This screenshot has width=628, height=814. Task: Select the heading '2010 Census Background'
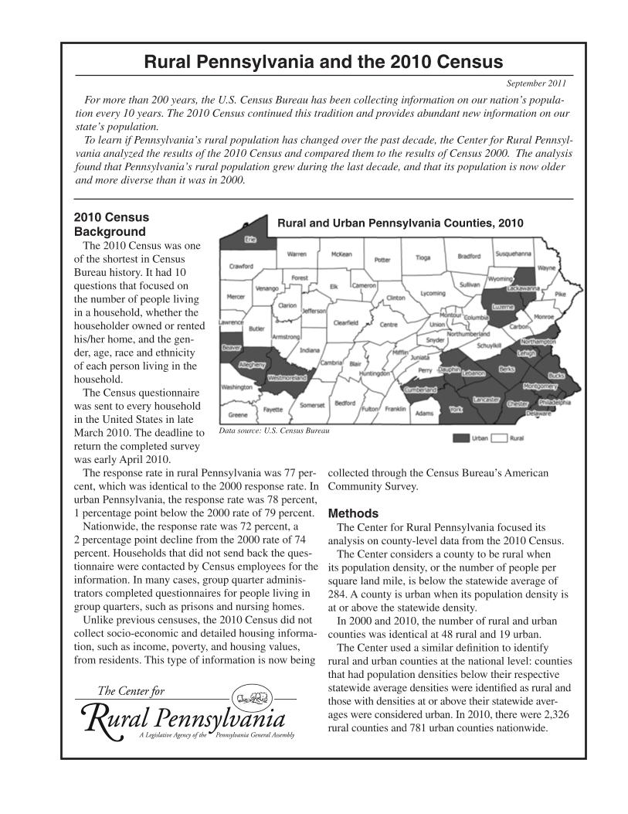coord(110,224)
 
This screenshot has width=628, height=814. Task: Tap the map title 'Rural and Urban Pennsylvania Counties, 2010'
coord(400,223)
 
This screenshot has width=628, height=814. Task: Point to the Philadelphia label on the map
coord(555,402)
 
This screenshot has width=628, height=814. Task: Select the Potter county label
coord(382,260)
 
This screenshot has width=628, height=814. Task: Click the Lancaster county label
coord(487,398)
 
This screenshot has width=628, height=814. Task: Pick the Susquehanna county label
coord(513,254)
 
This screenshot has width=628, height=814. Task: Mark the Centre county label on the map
coord(389,325)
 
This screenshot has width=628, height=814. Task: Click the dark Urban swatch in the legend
coord(460,438)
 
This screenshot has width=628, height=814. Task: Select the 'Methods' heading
coord(353,513)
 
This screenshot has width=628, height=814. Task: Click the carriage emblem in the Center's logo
coord(253,700)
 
